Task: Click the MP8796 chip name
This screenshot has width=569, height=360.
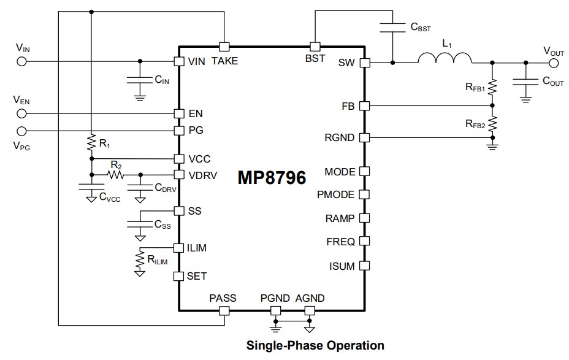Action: [272, 178]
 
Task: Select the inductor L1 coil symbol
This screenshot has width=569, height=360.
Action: [445, 58]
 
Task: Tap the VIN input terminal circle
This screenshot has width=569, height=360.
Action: [21, 61]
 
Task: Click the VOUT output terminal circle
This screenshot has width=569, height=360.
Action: [554, 62]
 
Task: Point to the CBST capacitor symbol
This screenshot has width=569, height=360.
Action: [392, 27]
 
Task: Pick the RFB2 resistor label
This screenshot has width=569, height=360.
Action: [475, 124]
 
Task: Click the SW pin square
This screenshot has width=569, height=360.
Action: [364, 62]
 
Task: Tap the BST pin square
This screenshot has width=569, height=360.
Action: [315, 47]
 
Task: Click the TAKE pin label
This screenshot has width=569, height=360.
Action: [224, 61]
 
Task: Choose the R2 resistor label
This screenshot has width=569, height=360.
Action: [116, 164]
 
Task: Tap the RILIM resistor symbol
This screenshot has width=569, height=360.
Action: [140, 260]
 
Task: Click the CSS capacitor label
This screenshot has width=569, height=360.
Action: [162, 225]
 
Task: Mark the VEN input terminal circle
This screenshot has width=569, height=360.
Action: [21, 113]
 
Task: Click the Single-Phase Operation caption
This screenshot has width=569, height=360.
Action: [315, 345]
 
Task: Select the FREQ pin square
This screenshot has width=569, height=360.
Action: [364, 241]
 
